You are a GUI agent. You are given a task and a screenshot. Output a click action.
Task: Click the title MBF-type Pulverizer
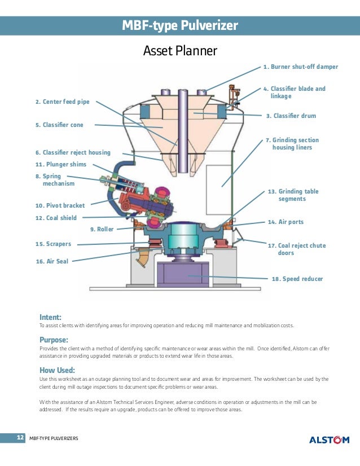pos(180,26)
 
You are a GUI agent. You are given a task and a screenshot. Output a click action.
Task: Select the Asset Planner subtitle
pos(180,51)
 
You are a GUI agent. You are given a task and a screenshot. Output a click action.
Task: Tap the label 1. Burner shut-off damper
pos(300,67)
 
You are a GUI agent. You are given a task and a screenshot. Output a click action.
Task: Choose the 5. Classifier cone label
pos(59,125)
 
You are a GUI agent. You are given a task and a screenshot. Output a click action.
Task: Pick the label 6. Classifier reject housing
pos(73,152)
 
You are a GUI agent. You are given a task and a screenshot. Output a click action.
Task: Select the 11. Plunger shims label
pos(61,164)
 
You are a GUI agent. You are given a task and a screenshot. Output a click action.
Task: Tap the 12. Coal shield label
pos(56,218)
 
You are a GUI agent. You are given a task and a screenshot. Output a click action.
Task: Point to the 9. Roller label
pos(102,229)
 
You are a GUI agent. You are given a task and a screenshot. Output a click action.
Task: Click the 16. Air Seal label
pos(52,262)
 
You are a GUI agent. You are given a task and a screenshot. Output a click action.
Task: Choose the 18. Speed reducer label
pos(297,279)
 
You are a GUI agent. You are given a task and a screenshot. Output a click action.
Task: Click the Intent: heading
pos(50,317)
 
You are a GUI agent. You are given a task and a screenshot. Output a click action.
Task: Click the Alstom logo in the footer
pos(329,439)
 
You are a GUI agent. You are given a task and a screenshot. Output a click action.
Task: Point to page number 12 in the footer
pos(19,438)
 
